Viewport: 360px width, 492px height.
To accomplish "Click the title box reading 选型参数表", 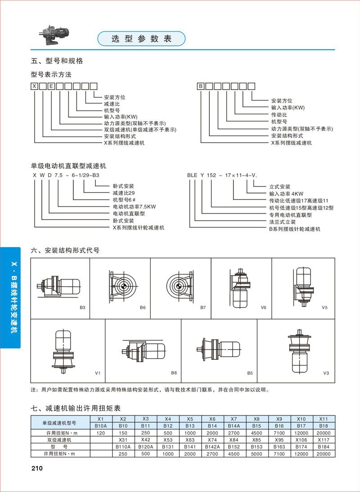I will coord(141,39).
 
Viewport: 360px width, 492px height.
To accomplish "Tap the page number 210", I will coord(36,469).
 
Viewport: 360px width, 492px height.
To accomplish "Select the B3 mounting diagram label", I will coord(82,308).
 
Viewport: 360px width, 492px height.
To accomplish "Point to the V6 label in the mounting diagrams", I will coord(263,308).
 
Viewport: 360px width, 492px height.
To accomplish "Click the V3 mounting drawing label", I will coord(326,373).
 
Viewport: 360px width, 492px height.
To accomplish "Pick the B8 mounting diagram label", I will coord(174,373).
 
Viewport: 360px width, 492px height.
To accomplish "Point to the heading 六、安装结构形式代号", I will coord(65,251).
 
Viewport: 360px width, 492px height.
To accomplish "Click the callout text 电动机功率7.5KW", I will coord(134,207).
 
